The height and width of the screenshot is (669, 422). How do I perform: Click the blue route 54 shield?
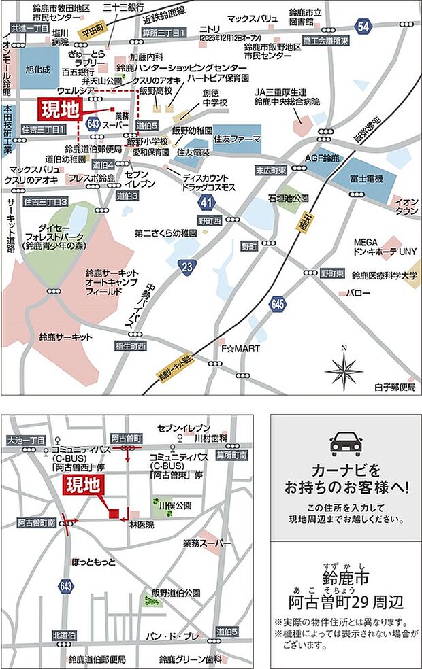click(363, 26)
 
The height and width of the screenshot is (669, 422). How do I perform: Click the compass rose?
click(344, 370)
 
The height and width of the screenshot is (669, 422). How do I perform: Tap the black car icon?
click(346, 443)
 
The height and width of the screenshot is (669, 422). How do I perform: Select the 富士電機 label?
click(363, 178)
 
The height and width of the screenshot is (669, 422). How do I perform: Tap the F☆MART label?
click(236, 349)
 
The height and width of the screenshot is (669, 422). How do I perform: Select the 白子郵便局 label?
click(395, 387)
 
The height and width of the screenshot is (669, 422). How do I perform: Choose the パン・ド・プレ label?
click(172, 636)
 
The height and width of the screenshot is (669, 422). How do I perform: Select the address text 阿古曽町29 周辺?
click(346, 601)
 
